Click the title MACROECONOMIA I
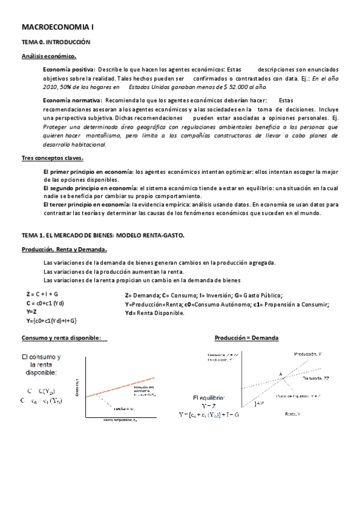[x=58, y=27]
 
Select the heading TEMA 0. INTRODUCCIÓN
[x=55, y=43]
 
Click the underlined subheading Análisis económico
[x=49, y=57]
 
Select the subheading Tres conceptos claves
[x=52, y=158]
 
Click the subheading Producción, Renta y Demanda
[x=64, y=249]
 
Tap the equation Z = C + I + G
[x=42, y=295]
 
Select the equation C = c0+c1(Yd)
[x=45, y=304]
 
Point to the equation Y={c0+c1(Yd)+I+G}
[x=51, y=322]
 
